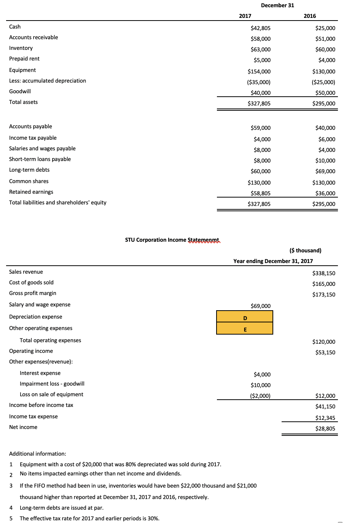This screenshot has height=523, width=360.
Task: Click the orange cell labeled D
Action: click(x=245, y=317)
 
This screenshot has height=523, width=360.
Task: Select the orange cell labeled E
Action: click(x=245, y=329)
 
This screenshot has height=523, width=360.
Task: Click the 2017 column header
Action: click(x=245, y=16)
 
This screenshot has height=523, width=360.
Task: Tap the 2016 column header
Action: click(x=310, y=16)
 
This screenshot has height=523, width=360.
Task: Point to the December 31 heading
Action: click(x=277, y=5)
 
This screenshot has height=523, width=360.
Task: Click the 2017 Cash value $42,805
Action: click(x=261, y=28)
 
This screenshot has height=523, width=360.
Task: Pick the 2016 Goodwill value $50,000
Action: click(x=325, y=93)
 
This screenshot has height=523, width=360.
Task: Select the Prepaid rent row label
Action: click(x=24, y=59)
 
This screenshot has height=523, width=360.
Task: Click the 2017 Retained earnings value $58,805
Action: click(x=261, y=193)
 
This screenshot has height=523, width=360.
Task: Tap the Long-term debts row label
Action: click(x=29, y=170)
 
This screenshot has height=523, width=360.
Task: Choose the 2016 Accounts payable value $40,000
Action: click(x=325, y=128)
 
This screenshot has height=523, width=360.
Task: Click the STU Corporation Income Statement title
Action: click(x=172, y=240)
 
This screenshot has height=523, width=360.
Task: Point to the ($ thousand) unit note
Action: click(x=305, y=250)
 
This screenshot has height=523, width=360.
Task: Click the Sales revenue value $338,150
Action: click(x=324, y=273)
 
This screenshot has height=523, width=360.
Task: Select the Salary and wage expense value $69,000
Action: click(x=261, y=306)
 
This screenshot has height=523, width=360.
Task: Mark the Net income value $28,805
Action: click(x=325, y=429)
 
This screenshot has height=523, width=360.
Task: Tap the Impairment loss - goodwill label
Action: click(x=52, y=384)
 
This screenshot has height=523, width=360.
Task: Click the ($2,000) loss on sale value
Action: click(x=260, y=396)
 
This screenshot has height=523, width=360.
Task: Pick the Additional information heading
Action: click(x=38, y=454)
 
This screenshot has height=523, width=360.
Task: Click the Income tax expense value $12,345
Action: click(x=325, y=418)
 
